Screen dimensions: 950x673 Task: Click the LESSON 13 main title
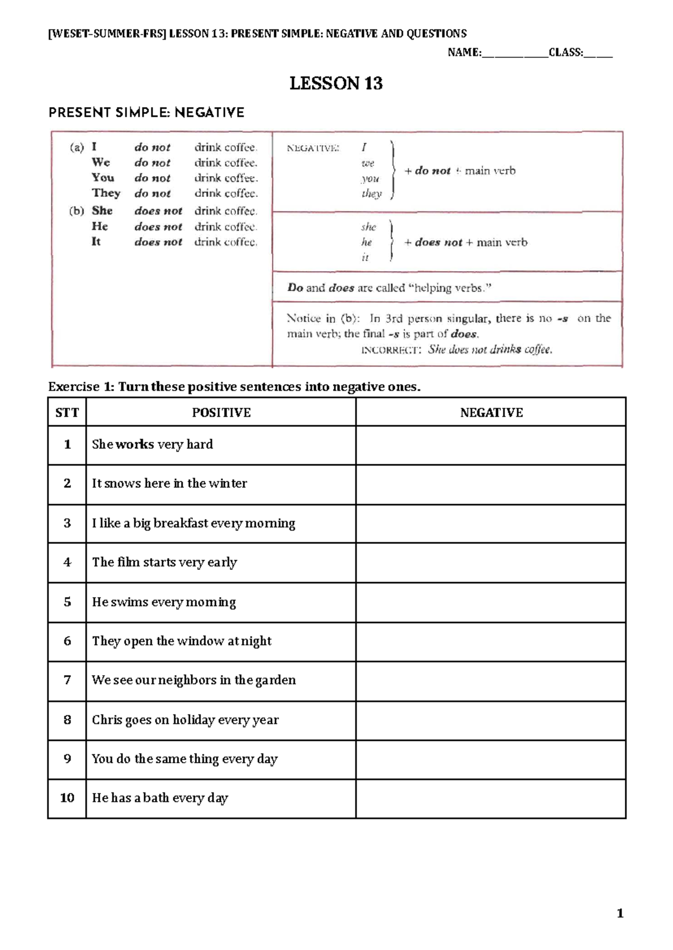[336, 84]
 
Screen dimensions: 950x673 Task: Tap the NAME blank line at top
[514, 54]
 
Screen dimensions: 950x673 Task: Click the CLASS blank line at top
[598, 54]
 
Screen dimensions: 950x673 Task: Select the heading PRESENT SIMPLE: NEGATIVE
[146, 113]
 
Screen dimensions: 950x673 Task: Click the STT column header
[67, 413]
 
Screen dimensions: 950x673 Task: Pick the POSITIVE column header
[221, 413]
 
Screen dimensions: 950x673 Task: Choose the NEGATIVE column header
[491, 413]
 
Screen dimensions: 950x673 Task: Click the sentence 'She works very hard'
[152, 445]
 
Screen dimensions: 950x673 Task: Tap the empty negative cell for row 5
[491, 602]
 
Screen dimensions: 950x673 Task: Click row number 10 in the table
[67, 798]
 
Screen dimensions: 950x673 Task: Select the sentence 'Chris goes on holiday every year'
[185, 720]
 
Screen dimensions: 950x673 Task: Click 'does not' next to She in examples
[158, 211]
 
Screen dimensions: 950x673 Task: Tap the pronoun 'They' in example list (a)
[106, 193]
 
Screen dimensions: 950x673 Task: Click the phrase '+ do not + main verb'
[459, 170]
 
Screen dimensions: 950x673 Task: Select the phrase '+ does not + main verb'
[465, 242]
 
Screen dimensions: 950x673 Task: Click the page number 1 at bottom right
[620, 914]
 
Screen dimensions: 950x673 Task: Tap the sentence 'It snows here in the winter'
[169, 483]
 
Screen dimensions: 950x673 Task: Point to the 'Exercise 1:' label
[81, 387]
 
